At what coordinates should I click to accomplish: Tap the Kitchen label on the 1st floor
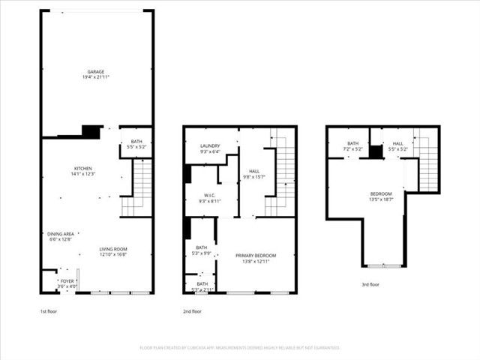point(82,168)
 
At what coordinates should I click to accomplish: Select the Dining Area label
point(61,234)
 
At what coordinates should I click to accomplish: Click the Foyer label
point(67,281)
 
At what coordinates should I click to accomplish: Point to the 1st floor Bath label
point(136,142)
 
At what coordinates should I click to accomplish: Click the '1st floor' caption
point(49,311)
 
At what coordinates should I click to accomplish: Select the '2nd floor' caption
point(193,311)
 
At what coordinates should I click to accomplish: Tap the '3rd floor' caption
point(370,284)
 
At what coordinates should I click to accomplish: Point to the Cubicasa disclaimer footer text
point(240,348)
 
